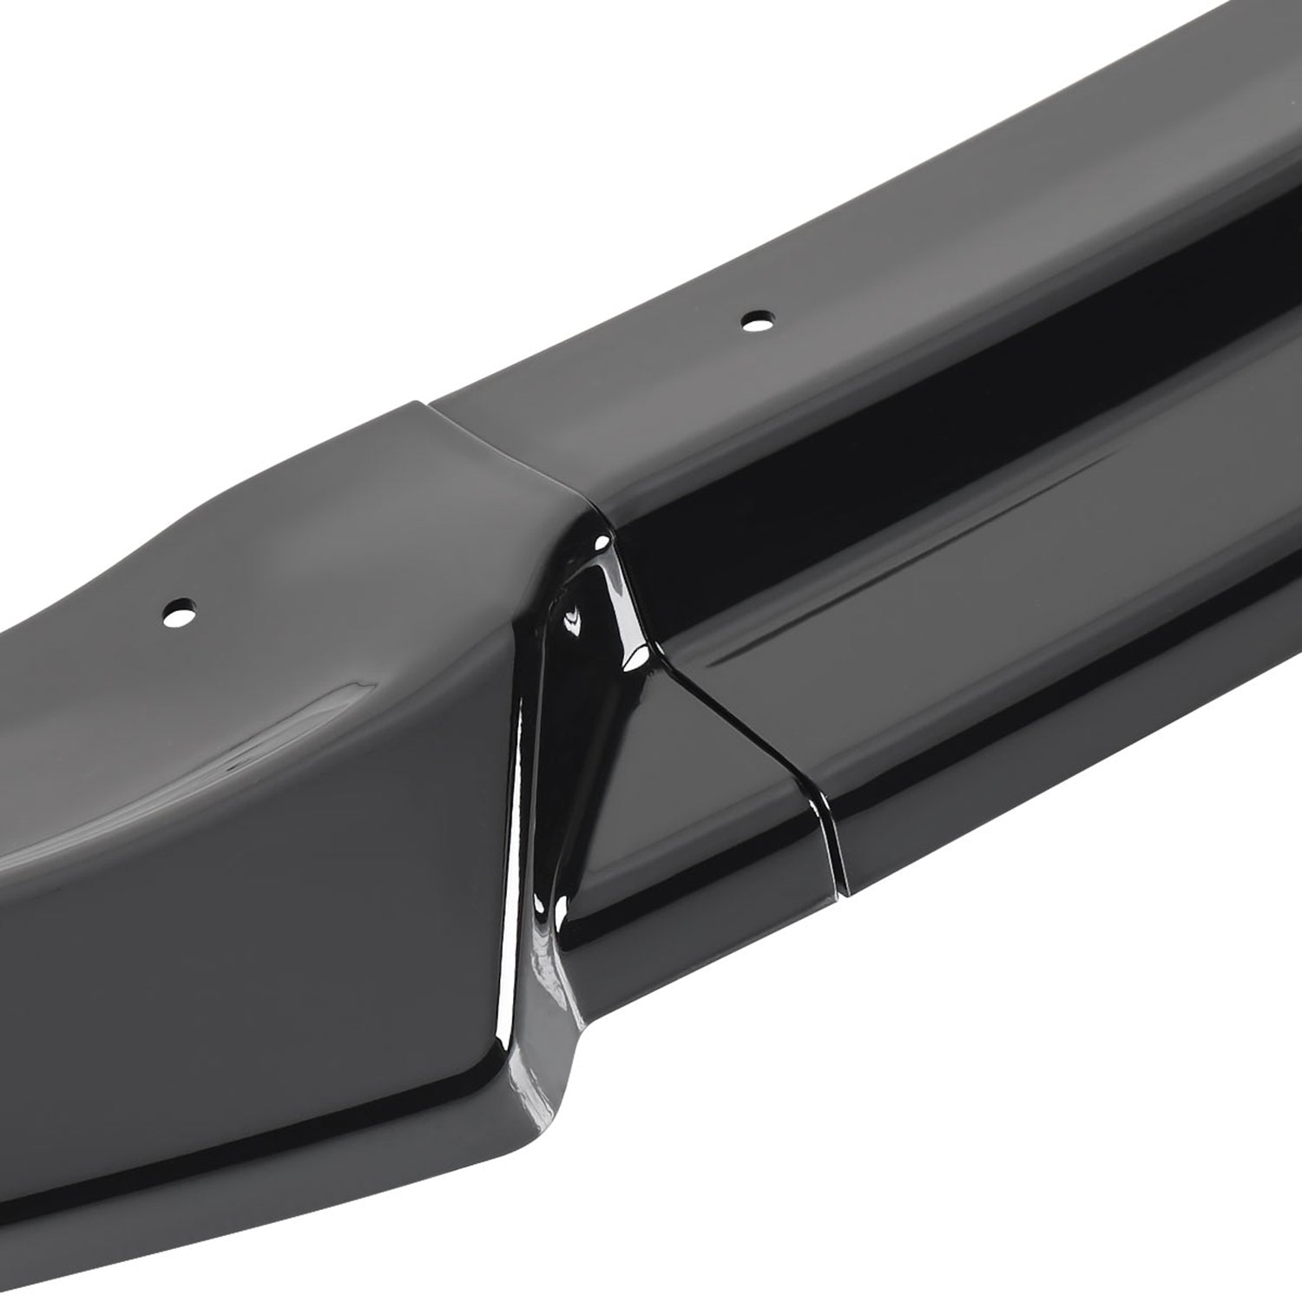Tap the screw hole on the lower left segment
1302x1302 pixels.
coord(180,612)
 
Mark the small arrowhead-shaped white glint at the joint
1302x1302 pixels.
coord(572,620)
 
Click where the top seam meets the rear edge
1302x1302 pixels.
coord(429,402)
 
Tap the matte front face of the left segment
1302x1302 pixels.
coord(260,911)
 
